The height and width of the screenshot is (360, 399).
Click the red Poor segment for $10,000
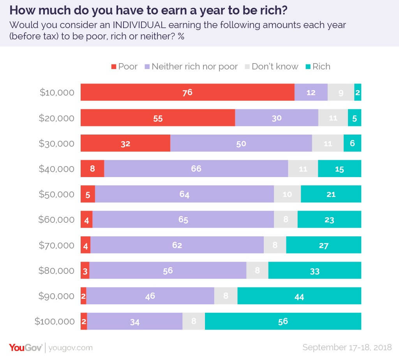[x=187, y=92]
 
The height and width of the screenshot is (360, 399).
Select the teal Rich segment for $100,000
[x=283, y=321]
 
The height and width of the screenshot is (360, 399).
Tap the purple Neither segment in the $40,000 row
[x=196, y=168]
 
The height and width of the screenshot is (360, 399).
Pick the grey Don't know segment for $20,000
[x=333, y=118]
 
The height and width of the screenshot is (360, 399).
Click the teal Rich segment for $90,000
[x=299, y=296]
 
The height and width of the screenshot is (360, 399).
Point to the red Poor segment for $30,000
[x=125, y=143]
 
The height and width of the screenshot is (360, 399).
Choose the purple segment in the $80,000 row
[x=168, y=270]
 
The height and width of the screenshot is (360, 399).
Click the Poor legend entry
[x=124, y=66]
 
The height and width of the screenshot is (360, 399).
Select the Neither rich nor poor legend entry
[x=191, y=66]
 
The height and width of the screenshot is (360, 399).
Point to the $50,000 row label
[x=56, y=194]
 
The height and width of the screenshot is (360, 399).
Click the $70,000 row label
[x=56, y=245]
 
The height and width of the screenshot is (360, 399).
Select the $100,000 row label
[x=55, y=321]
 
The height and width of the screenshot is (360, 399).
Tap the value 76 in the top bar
[x=187, y=92]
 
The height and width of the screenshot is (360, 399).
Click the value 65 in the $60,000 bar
[x=183, y=220]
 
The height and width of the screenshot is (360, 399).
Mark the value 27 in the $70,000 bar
[x=323, y=245]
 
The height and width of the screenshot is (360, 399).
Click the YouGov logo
[x=25, y=347]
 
